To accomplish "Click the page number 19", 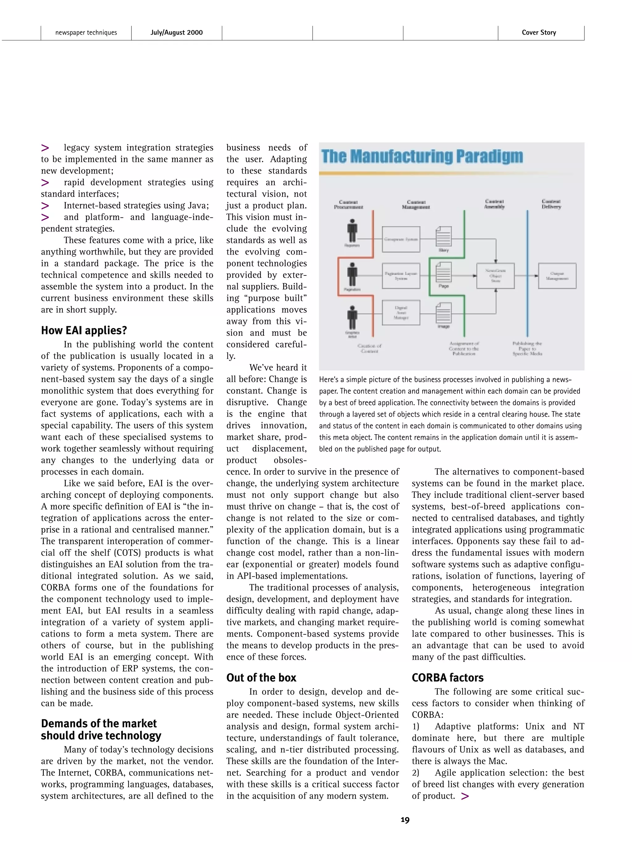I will coord(405,819).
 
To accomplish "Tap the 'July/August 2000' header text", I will coord(177,32).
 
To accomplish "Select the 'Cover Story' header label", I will coord(539,32).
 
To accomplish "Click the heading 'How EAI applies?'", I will coord(84,330).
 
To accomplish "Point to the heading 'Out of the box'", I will coord(261,678).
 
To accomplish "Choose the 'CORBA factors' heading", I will coord(447,678).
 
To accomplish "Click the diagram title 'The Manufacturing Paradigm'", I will coord(422,157).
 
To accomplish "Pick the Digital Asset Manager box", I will coord(401,313).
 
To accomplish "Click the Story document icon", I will coord(443,237).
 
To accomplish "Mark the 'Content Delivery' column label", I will coord(551,204).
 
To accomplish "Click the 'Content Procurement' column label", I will coord(348,204).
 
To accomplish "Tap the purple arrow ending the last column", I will coord(465,796).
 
